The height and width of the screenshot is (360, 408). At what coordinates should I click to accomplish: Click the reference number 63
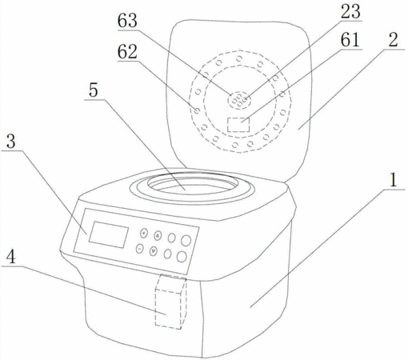click(127, 21)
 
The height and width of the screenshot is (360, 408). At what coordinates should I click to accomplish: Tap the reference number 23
click(350, 11)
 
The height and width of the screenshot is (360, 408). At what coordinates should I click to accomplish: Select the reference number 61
click(350, 40)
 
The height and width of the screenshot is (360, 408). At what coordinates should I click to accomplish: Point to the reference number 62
click(127, 52)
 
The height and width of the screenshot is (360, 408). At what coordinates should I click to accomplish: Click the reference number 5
click(94, 90)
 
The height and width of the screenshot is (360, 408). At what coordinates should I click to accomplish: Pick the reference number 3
click(11, 142)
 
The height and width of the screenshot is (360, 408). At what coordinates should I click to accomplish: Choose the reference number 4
click(11, 257)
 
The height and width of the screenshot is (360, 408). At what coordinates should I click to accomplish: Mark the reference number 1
click(393, 180)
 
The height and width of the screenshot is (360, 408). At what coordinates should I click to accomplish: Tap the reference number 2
click(393, 40)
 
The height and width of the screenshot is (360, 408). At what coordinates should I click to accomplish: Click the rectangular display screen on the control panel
click(109, 234)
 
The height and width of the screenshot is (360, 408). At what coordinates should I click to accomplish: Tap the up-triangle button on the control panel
click(158, 235)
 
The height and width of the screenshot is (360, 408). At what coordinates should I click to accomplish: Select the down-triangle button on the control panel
click(154, 251)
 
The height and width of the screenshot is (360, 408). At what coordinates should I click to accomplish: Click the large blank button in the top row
click(186, 241)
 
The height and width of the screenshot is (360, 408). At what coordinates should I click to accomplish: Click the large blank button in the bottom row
click(182, 257)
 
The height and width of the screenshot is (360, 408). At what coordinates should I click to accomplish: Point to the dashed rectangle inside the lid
click(238, 125)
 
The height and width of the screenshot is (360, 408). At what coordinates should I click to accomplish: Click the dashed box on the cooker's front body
click(170, 302)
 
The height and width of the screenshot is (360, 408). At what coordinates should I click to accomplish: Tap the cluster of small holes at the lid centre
click(239, 101)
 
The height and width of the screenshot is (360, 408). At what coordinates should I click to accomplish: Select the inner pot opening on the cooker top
click(193, 185)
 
